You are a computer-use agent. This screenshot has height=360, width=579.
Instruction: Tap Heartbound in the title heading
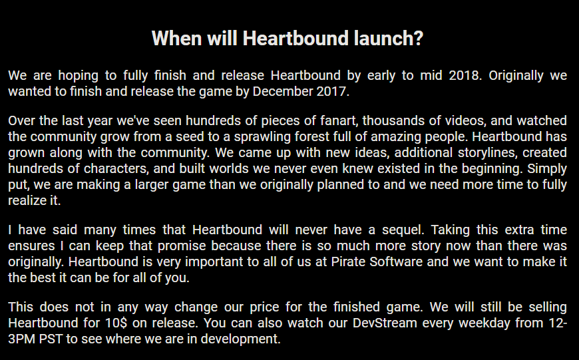pyautogui.click(x=295, y=38)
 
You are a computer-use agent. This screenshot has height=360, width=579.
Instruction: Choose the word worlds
pyautogui.click(x=229, y=168)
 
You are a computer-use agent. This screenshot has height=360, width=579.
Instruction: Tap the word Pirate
pyautogui.click(x=348, y=262)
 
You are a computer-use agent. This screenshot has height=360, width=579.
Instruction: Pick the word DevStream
pyautogui.click(x=385, y=323)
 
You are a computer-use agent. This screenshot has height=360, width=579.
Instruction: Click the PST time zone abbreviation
pyautogui.click(x=51, y=339)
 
